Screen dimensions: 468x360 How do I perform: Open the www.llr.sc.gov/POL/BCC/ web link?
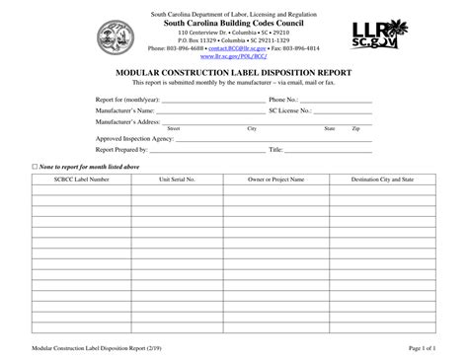click(233, 56)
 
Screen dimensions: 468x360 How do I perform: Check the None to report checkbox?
click(36, 167)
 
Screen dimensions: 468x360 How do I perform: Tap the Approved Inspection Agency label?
click(135, 139)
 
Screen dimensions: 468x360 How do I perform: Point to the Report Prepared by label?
click(123, 150)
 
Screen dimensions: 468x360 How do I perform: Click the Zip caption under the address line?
click(355, 129)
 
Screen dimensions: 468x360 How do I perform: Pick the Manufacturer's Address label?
click(127, 121)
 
